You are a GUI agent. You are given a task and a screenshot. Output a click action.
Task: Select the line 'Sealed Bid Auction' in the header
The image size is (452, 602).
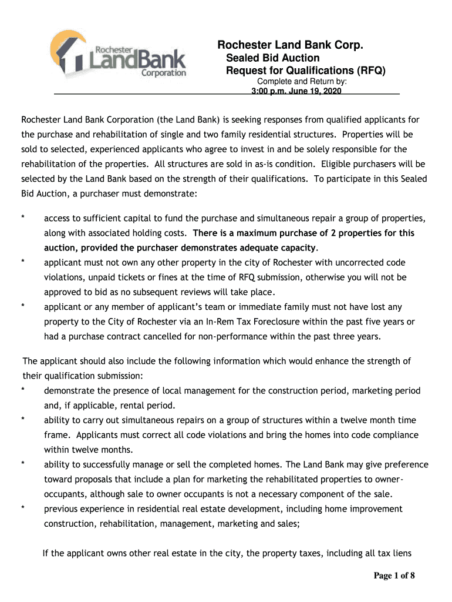(x=273, y=58)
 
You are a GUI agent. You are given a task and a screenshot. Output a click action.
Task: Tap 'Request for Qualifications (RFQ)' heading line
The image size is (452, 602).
(x=306, y=71)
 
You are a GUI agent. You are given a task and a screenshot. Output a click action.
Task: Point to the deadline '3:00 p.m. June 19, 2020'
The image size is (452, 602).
(x=296, y=92)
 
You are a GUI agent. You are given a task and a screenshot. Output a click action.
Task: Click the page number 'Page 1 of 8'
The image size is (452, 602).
(x=394, y=576)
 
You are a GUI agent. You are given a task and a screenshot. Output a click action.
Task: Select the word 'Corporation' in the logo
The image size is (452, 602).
(x=164, y=73)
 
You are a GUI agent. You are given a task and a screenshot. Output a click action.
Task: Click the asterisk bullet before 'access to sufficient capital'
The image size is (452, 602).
(x=23, y=219)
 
